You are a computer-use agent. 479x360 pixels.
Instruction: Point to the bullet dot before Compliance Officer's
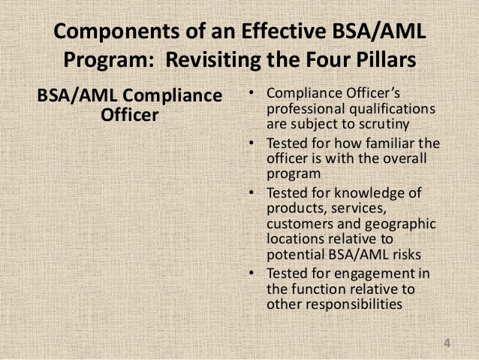[252, 95]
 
